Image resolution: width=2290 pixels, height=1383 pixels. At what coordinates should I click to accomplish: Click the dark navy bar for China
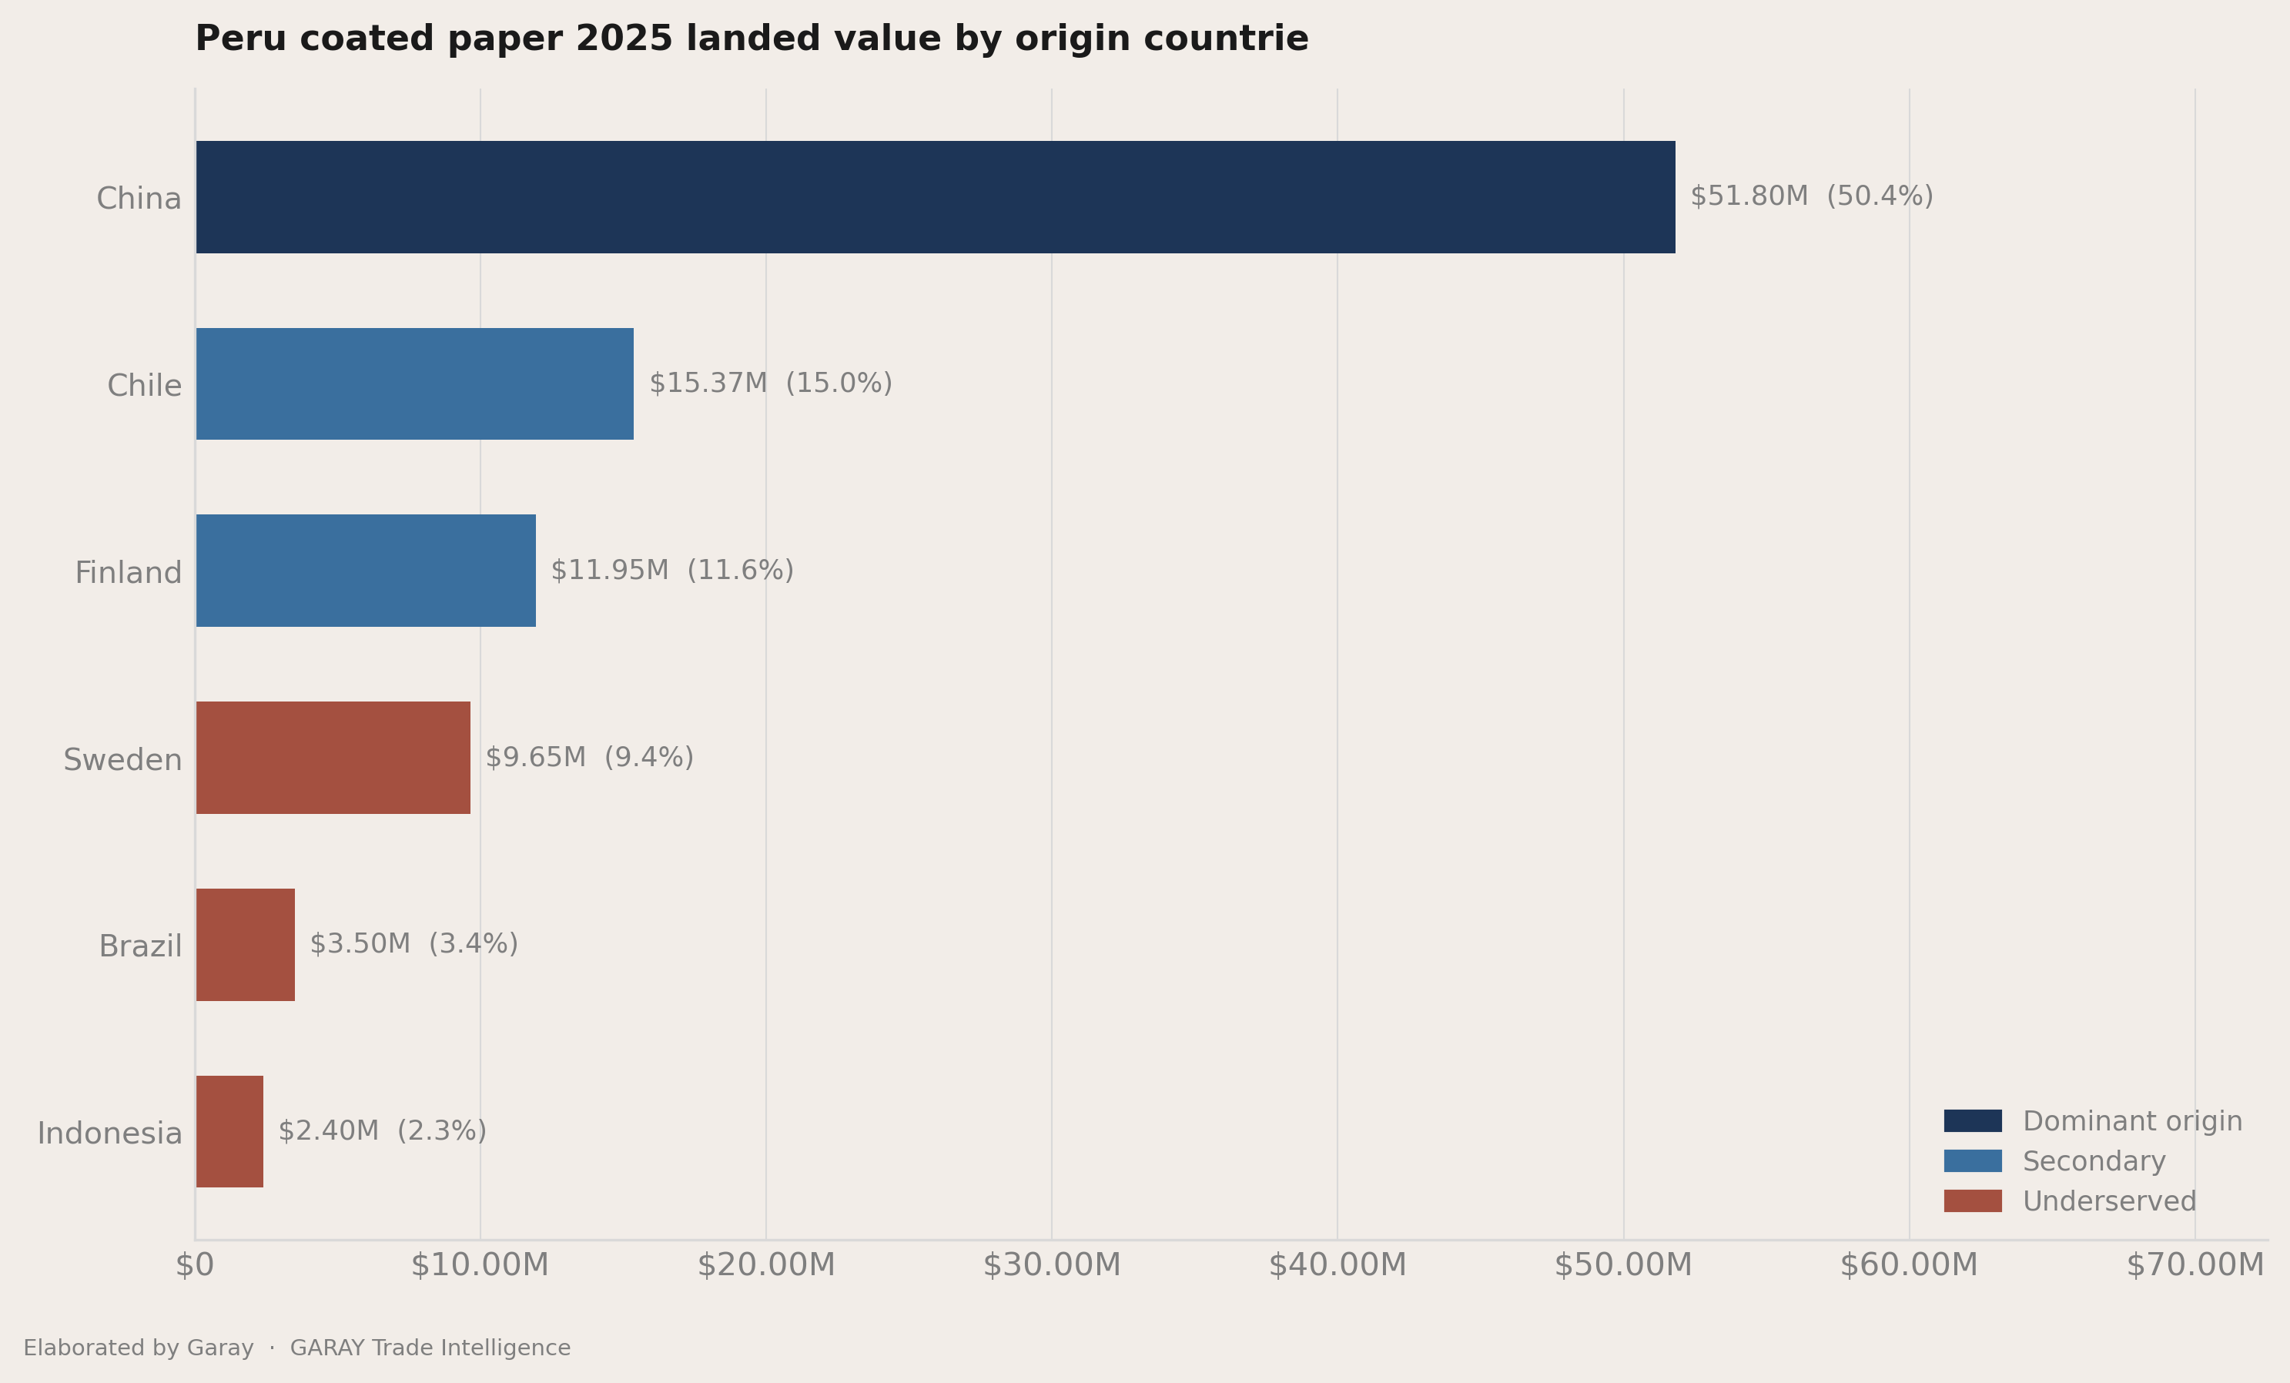pos(935,197)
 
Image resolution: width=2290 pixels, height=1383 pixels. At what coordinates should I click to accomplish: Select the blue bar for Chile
pos(414,383)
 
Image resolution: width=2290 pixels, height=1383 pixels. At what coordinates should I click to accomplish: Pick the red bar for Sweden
pos(333,758)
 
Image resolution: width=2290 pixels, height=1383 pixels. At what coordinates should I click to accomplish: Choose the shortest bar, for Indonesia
pos(229,1132)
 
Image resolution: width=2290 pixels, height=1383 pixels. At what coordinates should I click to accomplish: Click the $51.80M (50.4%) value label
pos(1811,197)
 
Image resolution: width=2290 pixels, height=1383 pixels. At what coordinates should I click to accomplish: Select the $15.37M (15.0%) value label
pos(771,383)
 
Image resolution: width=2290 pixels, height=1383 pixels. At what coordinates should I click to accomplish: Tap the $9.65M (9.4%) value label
pos(589,758)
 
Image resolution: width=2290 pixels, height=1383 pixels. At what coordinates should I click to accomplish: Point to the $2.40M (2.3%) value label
pos(382,1131)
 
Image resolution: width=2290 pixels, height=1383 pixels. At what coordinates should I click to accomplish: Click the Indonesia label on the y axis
pos(109,1133)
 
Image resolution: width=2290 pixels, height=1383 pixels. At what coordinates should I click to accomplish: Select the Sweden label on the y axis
pos(122,759)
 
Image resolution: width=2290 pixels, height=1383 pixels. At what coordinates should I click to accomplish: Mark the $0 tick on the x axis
pos(195,1265)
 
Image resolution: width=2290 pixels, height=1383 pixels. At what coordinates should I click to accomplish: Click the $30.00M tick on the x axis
pos(1052,1265)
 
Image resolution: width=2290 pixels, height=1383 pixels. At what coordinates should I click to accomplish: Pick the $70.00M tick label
pos(2195,1265)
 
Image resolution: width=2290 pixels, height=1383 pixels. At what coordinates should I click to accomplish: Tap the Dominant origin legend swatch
pos(1973,1121)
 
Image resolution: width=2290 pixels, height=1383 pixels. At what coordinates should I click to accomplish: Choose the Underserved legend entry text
pos(2110,1202)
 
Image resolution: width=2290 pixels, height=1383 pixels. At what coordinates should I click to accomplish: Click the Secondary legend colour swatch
pos(1973,1161)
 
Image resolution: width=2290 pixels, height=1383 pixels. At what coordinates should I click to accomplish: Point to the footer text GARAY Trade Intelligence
pos(430,1348)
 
